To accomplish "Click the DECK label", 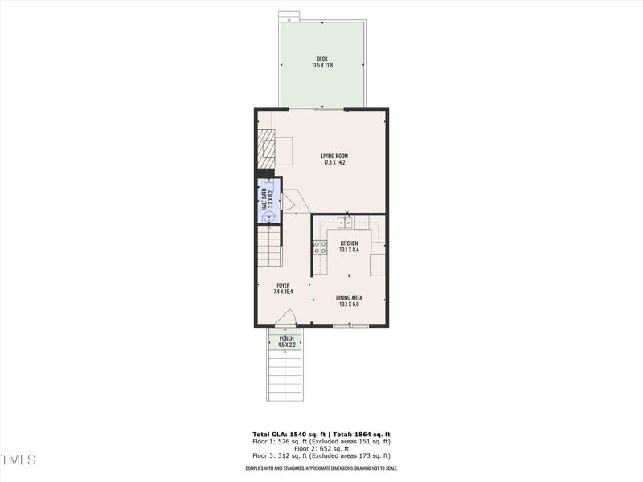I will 321,58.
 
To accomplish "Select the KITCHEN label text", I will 349,243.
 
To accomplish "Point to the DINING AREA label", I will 349,297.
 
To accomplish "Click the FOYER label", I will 283,285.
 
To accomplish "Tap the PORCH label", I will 287,338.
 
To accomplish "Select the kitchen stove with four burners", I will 320,247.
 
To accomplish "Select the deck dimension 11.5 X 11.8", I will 321,64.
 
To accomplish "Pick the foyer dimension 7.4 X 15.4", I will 283,292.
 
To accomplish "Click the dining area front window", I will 351,325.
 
